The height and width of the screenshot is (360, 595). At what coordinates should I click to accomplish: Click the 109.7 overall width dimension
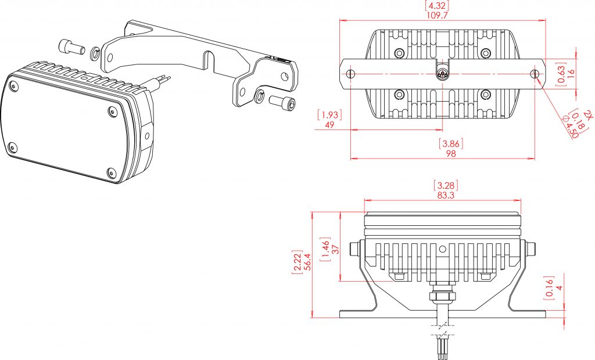(x=438, y=16)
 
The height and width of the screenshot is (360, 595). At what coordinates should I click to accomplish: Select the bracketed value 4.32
(x=438, y=6)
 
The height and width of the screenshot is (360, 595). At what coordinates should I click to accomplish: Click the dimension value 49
(x=329, y=125)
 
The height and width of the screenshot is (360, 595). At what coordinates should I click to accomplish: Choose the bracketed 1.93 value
(x=329, y=114)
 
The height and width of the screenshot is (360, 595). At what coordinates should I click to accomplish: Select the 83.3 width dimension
(x=446, y=196)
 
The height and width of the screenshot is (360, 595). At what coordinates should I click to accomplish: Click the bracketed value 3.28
(x=446, y=186)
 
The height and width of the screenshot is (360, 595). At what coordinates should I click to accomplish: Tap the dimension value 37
(x=335, y=249)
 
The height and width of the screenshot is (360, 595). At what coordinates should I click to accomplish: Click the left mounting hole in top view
(x=350, y=74)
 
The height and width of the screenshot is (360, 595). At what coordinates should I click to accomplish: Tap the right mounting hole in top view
(x=534, y=74)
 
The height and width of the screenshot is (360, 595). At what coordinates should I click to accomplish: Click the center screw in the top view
(x=443, y=74)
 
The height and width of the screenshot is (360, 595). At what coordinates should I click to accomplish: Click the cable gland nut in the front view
(x=443, y=297)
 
